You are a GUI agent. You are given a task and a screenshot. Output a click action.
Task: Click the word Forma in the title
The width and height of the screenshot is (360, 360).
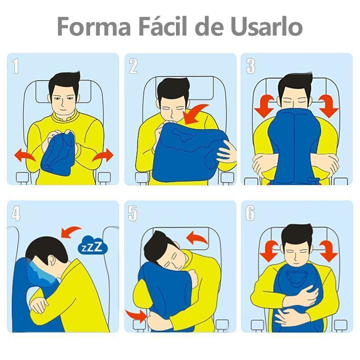[x=94, y=26]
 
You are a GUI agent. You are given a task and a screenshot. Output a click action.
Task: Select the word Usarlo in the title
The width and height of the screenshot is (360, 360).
[x=267, y=26]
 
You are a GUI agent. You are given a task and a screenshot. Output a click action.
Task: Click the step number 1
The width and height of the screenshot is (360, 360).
[x=15, y=66]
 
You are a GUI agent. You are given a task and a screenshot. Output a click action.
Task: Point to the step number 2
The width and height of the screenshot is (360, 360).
[x=133, y=66]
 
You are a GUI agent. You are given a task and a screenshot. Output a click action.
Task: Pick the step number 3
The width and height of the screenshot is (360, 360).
[x=251, y=66]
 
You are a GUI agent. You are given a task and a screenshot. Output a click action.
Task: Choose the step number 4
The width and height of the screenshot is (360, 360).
[x=16, y=213]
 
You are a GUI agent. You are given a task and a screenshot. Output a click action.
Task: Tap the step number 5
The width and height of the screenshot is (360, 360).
[x=133, y=213]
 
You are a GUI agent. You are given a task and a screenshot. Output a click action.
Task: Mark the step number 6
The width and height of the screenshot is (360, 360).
[x=250, y=213]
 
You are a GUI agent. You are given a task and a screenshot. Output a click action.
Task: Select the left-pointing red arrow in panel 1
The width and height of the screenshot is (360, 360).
[x=25, y=155]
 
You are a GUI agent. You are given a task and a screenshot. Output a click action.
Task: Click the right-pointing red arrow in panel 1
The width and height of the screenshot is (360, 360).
[x=103, y=155]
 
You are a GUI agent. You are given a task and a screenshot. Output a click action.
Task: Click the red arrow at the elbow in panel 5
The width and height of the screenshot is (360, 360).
[x=136, y=316]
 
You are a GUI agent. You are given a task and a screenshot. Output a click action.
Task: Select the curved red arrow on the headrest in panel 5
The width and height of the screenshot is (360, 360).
[x=197, y=238]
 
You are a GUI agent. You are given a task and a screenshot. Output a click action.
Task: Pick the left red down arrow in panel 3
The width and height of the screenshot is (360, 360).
[x=265, y=106]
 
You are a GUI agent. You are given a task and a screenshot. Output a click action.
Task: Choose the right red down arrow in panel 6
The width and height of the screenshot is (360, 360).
[x=328, y=251]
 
